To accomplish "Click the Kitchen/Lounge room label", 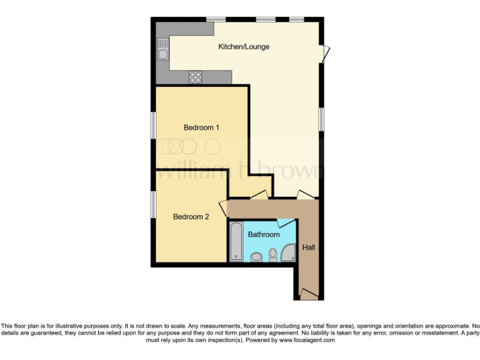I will click(x=244, y=47).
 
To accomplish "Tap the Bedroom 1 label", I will click(x=201, y=127).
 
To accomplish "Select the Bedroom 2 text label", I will click(x=191, y=217).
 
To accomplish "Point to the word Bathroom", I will click(x=264, y=234).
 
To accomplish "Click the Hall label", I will click(x=309, y=247).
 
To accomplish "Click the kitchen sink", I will click(x=162, y=49).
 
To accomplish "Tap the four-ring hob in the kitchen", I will click(x=196, y=77).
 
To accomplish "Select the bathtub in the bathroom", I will click(x=236, y=241).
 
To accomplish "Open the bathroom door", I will click(x=286, y=222).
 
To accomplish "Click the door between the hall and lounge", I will click(x=306, y=196).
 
